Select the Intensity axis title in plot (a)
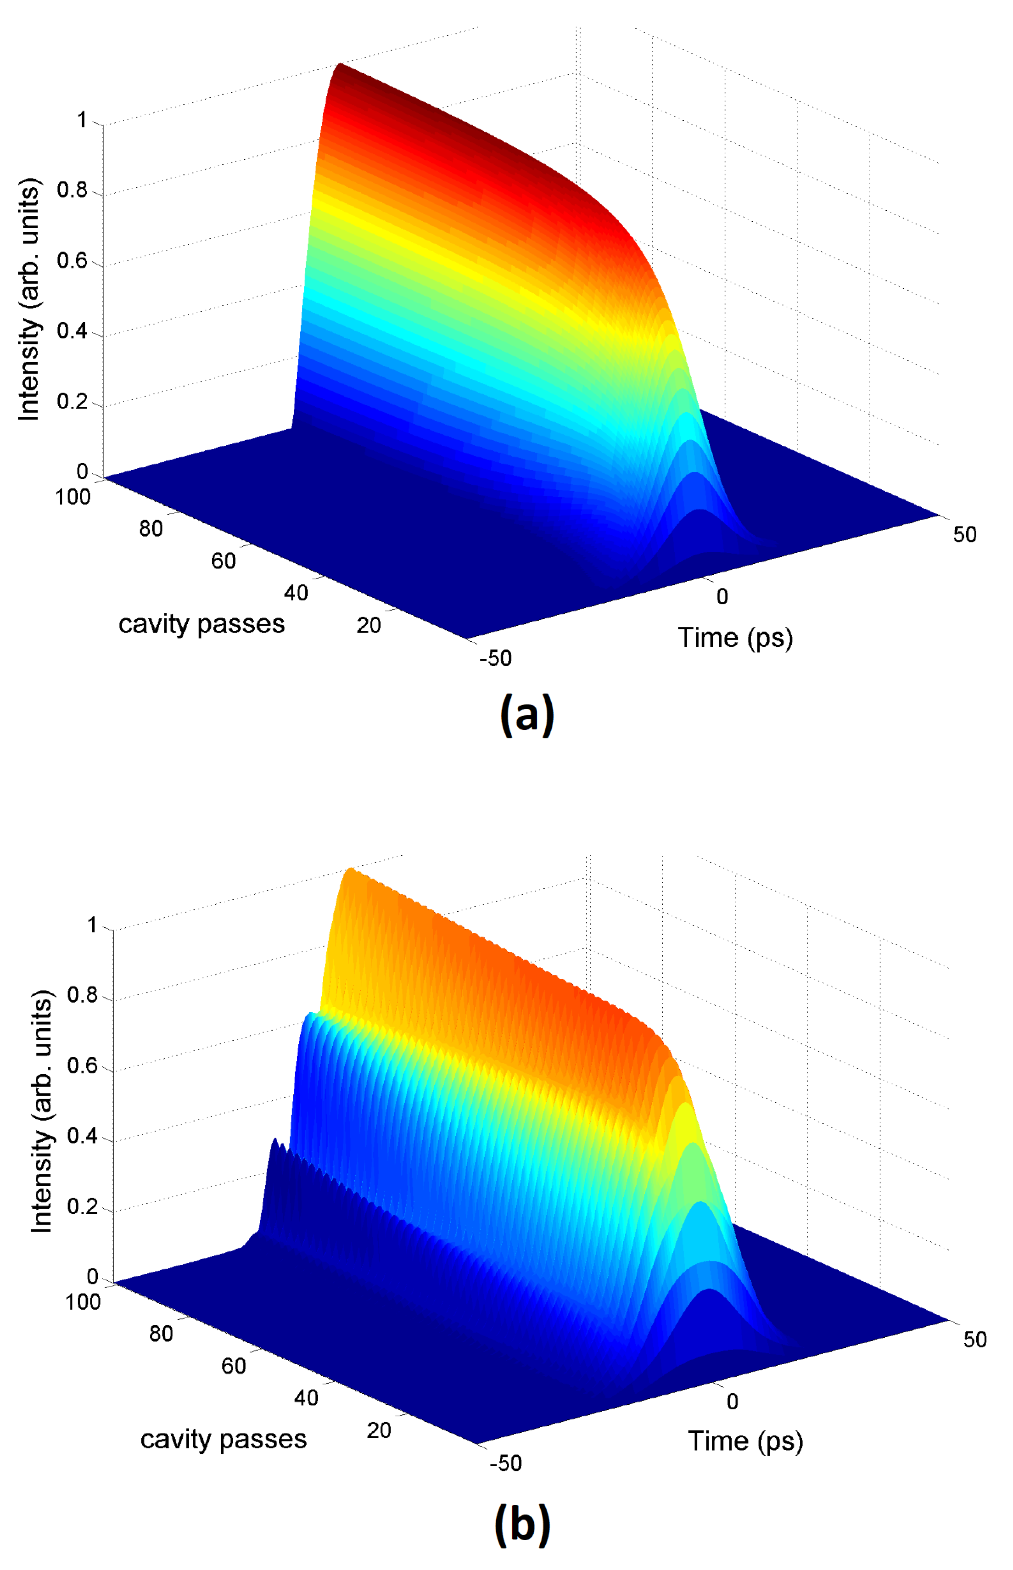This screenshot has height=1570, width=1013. tap(29, 299)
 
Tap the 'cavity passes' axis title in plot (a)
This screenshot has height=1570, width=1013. tap(201, 623)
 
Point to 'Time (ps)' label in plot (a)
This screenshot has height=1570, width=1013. tap(735, 637)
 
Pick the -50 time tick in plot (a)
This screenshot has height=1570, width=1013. tap(495, 658)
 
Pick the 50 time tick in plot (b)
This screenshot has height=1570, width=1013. tap(975, 1340)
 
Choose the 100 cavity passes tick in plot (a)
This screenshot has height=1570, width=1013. tap(73, 497)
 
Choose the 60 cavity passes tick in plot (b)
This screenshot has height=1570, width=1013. tap(234, 1366)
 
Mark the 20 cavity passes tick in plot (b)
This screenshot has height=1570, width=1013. tap(379, 1430)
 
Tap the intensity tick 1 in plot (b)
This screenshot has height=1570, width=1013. tap(92, 925)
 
